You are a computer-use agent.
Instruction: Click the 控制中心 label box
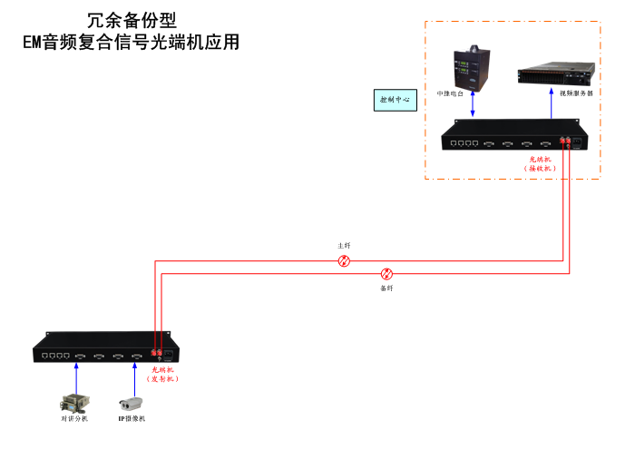(394, 100)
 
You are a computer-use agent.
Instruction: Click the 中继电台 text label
(451, 93)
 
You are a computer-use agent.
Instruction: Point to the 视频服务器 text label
(576, 93)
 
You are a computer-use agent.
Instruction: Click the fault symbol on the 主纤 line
(344, 261)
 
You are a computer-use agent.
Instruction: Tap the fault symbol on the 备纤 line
(386, 273)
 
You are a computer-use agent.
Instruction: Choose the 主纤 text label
(344, 246)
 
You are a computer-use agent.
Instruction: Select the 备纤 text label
(386, 288)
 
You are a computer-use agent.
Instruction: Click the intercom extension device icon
(73, 403)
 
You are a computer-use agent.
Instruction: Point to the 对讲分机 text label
(73, 419)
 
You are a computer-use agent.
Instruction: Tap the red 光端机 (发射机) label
(164, 374)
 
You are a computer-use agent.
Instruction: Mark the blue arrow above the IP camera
(134, 375)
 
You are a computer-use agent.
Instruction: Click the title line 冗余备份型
(132, 20)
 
